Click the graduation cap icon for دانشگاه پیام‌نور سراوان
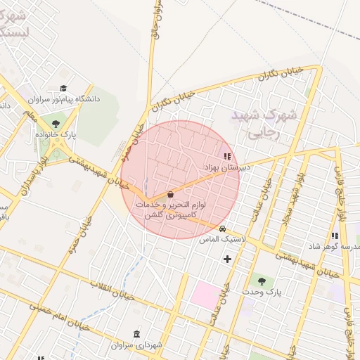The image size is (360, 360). point(64,89)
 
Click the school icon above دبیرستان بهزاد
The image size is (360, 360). point(226,157)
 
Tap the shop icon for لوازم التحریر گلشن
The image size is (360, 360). point(170,194)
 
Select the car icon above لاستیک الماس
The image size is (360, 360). point(222,229)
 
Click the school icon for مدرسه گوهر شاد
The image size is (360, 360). point(334,236)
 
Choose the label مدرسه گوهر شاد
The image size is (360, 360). point(333,247)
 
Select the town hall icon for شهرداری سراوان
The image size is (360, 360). point(136,334)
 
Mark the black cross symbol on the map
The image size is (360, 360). point(227,259)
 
